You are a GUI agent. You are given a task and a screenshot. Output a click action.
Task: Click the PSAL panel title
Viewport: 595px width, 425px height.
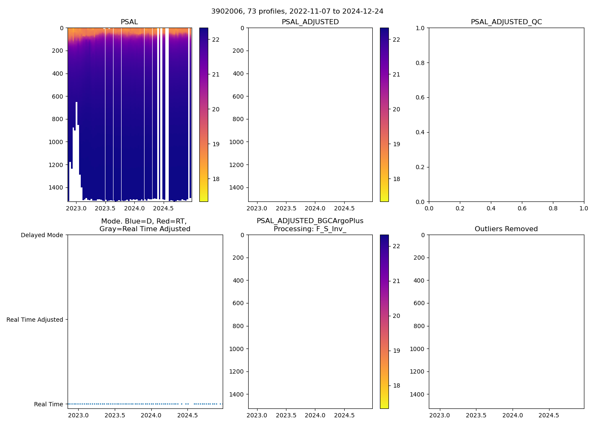click(129, 22)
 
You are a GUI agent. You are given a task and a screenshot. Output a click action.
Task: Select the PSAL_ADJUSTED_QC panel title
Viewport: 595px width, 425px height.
click(506, 22)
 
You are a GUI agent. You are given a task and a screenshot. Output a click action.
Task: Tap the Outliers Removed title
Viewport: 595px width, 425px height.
click(506, 229)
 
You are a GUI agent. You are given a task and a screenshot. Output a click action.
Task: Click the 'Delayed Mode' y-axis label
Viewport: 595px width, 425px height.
click(42, 235)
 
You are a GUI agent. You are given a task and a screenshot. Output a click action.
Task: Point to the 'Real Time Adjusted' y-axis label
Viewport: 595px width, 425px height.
click(35, 320)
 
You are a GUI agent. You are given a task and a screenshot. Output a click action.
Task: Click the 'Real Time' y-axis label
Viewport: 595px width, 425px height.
click(48, 404)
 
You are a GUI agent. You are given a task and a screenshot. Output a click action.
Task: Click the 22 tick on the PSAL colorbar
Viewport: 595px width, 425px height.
click(216, 40)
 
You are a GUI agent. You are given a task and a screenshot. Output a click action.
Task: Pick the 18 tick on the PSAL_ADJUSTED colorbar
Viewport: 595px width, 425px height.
click(396, 179)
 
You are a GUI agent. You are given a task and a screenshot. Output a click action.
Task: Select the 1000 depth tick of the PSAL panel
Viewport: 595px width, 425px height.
click(56, 142)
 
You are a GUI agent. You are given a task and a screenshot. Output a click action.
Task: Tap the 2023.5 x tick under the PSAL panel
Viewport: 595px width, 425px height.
click(105, 209)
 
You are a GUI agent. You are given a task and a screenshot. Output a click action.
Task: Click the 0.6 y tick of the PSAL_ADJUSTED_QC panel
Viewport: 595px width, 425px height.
click(420, 97)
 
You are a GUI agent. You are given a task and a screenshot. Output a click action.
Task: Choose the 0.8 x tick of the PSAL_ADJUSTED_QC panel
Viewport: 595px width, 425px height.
click(553, 209)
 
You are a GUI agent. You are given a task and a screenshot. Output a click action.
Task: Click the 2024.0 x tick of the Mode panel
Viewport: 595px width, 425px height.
click(150, 415)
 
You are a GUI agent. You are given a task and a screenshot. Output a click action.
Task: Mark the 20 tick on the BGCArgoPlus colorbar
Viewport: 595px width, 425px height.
click(396, 316)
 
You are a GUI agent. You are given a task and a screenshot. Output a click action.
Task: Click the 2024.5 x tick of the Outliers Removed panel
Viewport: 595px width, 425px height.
click(549, 415)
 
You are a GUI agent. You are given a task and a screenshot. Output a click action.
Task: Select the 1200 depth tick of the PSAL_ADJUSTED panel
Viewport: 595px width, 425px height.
click(236, 165)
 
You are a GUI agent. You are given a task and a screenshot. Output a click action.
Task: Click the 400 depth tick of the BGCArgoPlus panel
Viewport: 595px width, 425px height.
click(238, 280)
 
